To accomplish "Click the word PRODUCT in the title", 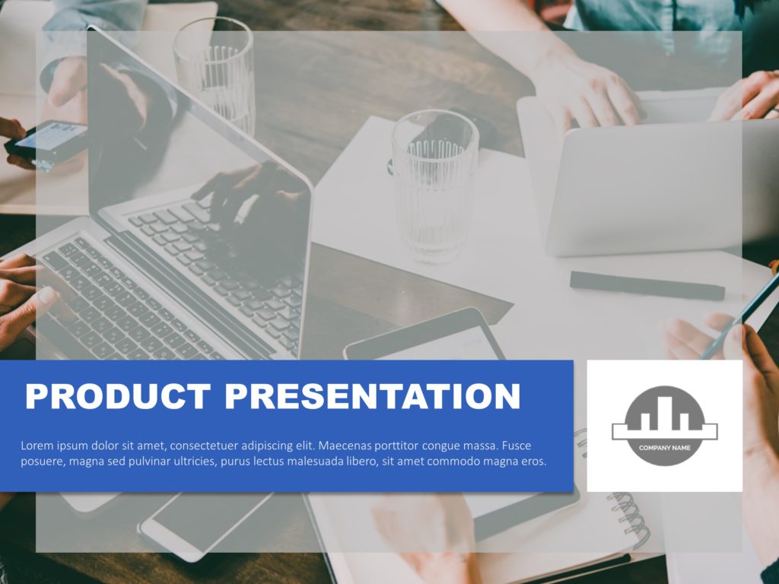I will coord(117,397).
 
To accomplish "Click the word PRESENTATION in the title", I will coord(372,397).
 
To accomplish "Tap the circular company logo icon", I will coord(665,424).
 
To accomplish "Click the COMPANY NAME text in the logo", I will coord(665,448).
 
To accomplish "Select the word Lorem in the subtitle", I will coord(36,446).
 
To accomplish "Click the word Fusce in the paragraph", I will coord(517,446).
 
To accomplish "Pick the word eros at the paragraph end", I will coord(532,462).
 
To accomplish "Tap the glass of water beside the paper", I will coord(434,186).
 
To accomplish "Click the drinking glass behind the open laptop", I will coord(215,72).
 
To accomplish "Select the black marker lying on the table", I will coord(647,286).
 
